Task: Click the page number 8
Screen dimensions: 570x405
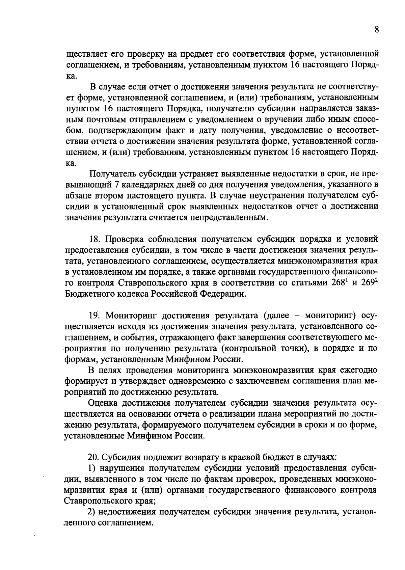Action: (376, 29)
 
